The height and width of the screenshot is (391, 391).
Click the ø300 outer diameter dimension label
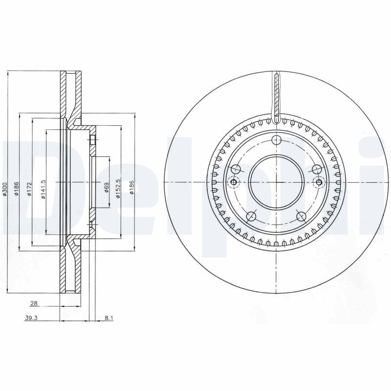coord(4,189)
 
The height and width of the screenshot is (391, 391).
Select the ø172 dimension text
coord(29,189)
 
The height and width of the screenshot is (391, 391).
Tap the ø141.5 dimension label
coord(43,189)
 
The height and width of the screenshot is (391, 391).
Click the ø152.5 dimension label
coord(118,189)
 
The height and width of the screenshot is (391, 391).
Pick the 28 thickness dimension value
coord(34,304)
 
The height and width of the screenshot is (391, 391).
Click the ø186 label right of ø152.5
coord(131,189)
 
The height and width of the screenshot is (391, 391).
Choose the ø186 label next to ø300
coord(17,189)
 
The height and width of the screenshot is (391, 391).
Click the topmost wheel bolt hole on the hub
coord(277,141)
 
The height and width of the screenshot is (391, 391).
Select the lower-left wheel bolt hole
coord(252,216)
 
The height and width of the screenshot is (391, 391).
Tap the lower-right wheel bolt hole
coord(301,216)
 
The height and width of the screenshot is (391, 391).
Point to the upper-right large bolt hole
coord(317,169)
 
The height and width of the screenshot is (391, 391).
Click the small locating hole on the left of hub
coord(234,183)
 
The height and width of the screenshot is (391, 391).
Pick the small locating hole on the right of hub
coord(319,183)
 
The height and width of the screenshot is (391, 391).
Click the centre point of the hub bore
coord(277,182)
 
